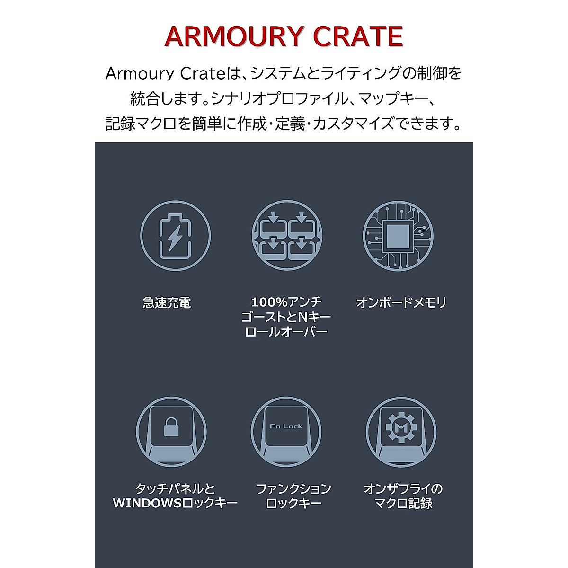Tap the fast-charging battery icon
[175, 235]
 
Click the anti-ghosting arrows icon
[287, 236]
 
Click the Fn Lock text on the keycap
[286, 426]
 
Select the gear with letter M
[400, 427]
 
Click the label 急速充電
[167, 303]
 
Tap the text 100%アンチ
[286, 302]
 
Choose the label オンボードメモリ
[401, 303]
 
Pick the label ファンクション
[293, 488]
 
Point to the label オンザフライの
[403, 488]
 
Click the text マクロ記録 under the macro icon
[403, 503]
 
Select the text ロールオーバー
[286, 331]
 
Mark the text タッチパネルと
[175, 488]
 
